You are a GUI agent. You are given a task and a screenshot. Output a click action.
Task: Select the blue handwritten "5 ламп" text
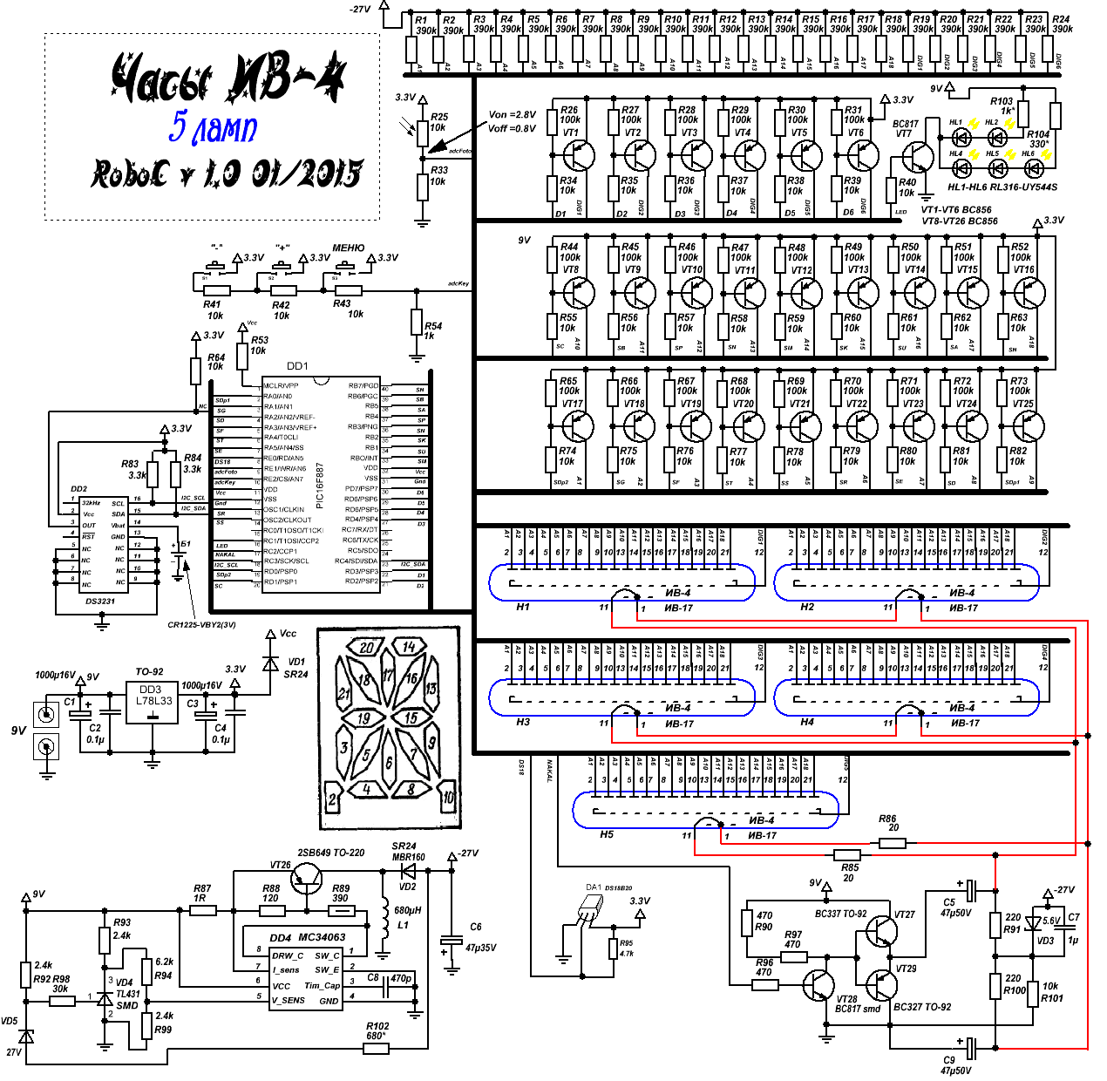point(214,127)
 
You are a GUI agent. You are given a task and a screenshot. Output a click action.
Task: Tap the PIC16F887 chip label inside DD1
point(320,485)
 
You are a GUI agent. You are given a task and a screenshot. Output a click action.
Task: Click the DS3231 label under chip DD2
point(100,602)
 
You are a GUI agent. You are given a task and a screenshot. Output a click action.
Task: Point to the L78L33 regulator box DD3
point(153,703)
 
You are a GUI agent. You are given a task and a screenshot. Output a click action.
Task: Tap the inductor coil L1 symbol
point(384,920)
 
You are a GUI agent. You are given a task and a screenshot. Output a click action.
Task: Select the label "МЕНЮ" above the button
point(348,248)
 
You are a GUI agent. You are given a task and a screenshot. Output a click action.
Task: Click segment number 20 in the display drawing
point(366,648)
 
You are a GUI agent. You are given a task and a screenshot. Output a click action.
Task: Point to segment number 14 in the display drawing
point(409,647)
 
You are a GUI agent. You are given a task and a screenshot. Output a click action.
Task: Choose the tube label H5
point(607,834)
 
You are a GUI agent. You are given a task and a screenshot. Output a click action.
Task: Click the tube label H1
point(523,607)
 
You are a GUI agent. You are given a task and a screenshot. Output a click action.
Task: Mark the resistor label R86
point(887,819)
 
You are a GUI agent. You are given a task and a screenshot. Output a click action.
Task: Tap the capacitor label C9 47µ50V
point(955,1065)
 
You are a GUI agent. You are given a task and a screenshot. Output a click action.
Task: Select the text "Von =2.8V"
point(512,115)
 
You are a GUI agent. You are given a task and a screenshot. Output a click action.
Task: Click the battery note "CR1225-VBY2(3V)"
point(201,624)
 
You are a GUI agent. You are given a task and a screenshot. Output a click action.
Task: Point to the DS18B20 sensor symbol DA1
point(589,909)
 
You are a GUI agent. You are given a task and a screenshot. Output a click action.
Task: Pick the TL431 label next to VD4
point(127,994)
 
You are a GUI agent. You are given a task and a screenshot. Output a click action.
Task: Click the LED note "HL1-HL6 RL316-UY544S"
point(1002,187)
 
